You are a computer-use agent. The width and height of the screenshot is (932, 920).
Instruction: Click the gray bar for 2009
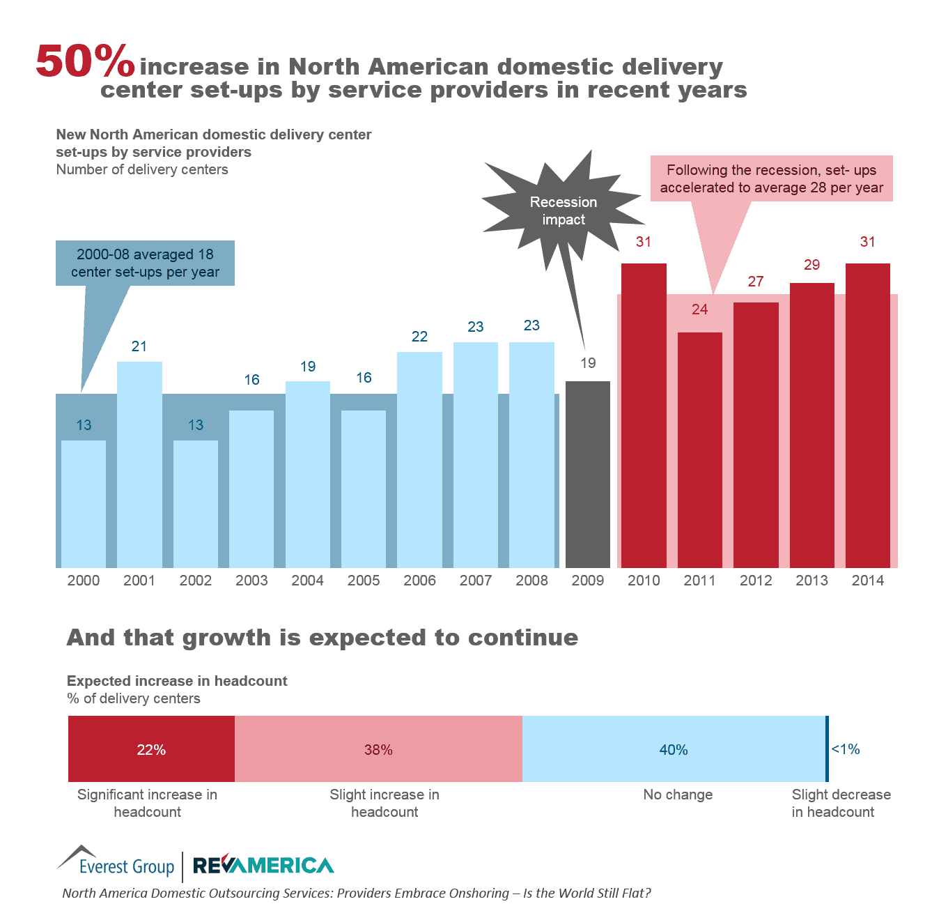[587, 474]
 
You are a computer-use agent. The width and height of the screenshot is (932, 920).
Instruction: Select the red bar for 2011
[699, 450]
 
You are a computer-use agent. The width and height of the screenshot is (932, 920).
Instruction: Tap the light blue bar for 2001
[139, 464]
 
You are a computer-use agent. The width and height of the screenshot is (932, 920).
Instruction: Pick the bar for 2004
[307, 474]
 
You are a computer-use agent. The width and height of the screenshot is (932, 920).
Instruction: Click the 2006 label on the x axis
[419, 581]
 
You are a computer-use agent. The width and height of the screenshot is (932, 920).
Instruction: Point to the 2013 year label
[811, 581]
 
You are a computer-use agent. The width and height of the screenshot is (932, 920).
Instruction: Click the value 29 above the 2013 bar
[811, 265]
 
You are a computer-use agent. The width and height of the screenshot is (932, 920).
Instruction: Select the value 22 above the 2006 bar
[419, 337]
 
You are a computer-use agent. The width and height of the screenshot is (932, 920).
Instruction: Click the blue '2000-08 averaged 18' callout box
[145, 263]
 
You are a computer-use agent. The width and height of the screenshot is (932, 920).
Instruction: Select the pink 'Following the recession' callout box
[771, 179]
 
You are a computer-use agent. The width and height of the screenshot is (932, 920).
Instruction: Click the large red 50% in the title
[84, 61]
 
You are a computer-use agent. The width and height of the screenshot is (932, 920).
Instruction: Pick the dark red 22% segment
[151, 749]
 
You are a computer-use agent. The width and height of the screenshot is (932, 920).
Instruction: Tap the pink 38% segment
[378, 749]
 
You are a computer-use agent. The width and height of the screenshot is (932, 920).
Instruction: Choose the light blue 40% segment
[674, 749]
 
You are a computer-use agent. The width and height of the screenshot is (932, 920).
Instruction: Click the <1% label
[846, 749]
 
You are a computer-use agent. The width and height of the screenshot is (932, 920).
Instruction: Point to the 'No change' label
[678, 795]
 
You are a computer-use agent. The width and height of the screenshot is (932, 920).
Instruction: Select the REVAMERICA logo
[263, 865]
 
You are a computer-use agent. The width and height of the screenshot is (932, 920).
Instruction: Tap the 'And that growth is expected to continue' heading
[322, 638]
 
